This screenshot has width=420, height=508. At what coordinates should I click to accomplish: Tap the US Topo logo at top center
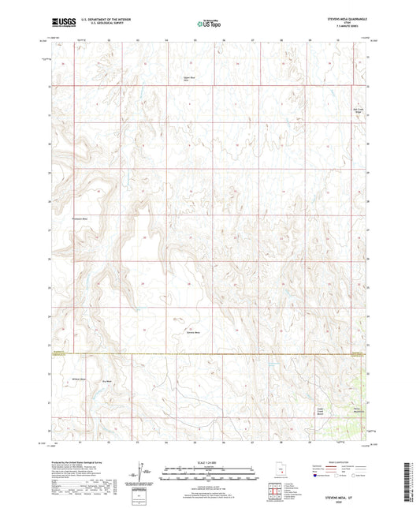(208, 24)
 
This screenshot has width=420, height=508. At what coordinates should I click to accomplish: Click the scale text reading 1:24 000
(210, 461)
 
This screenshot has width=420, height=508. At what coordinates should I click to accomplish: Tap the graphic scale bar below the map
(210, 476)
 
